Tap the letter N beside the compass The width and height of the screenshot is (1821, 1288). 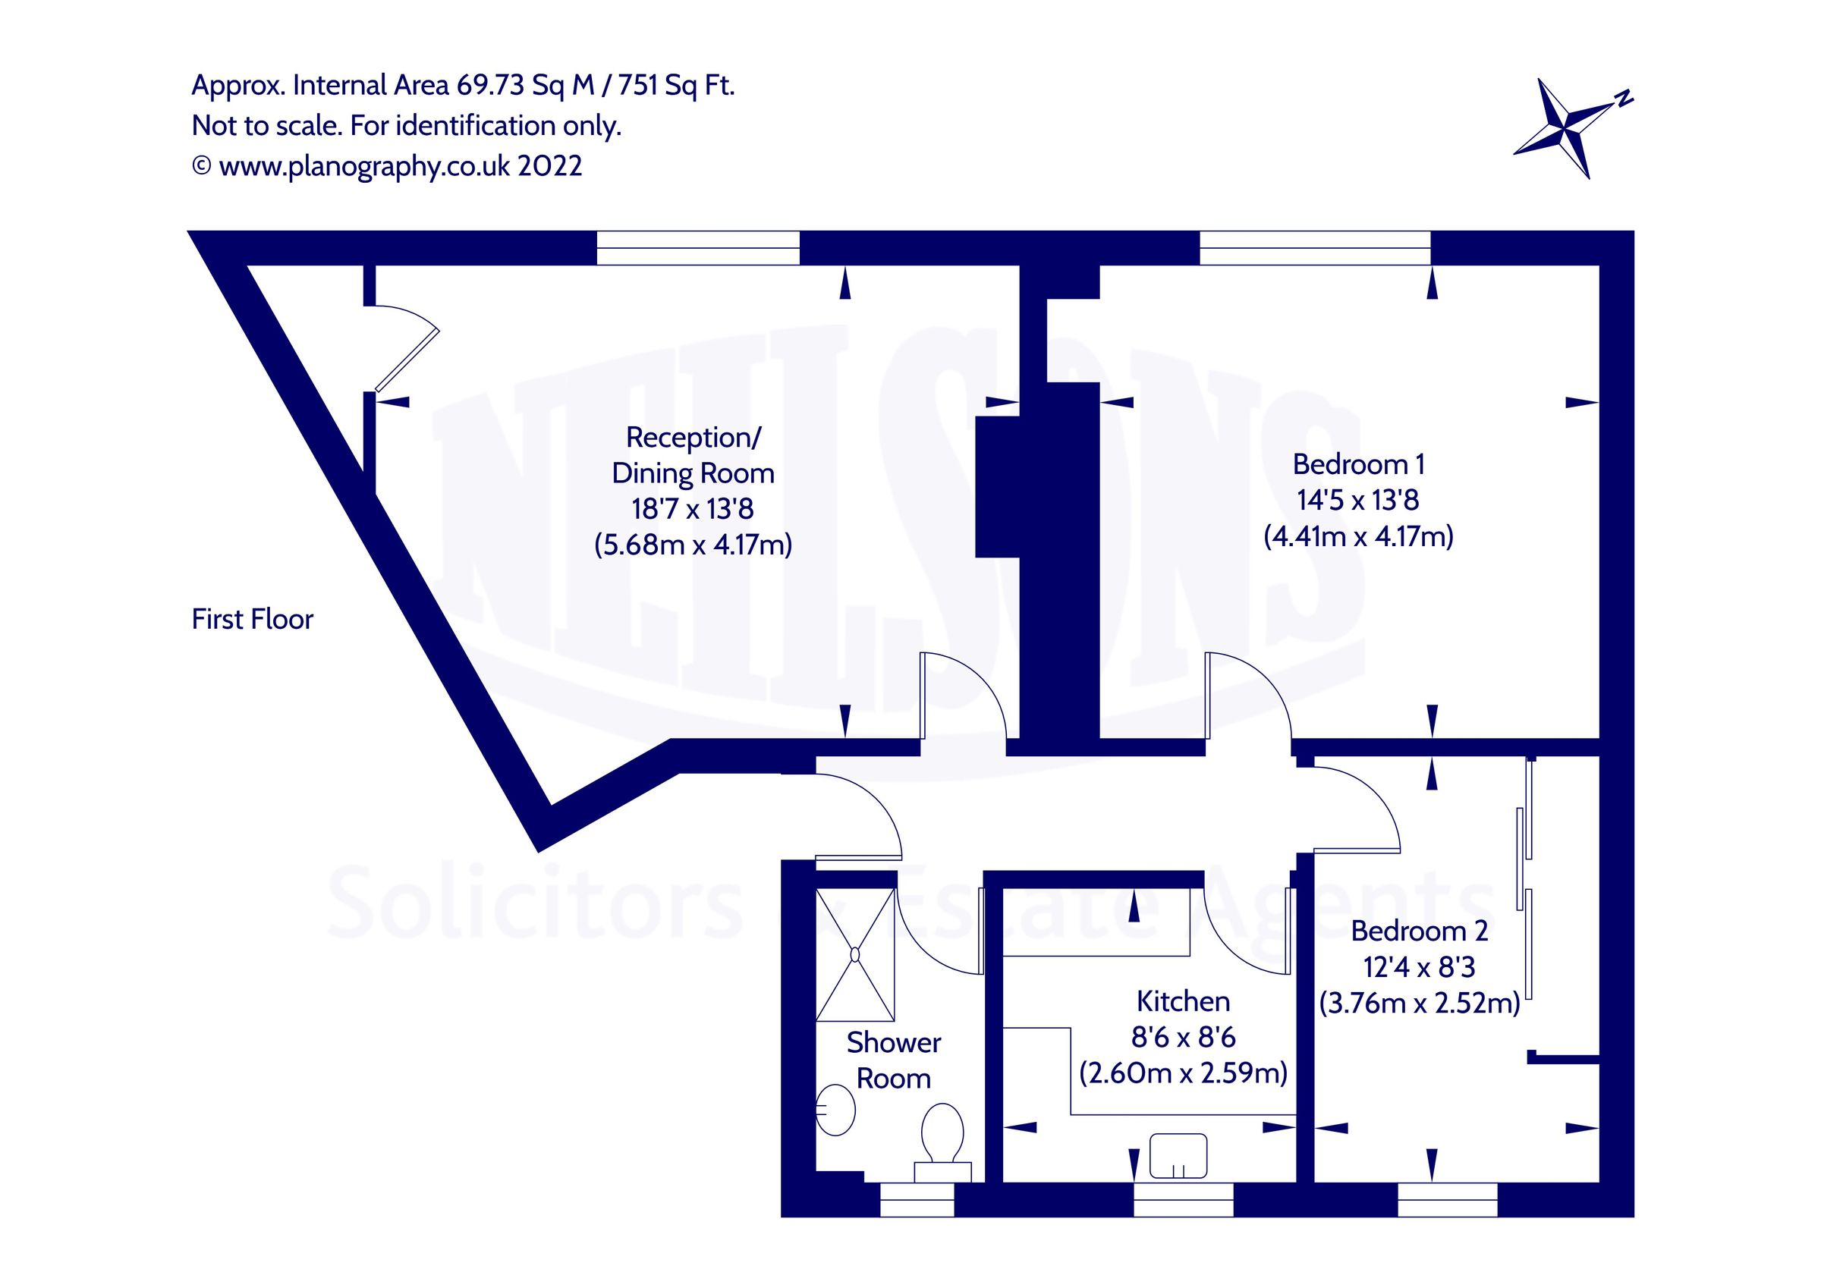point(1624,100)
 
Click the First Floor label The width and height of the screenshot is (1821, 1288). point(252,620)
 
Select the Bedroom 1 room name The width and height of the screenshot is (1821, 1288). point(1358,464)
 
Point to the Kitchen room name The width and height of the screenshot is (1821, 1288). point(1183,1002)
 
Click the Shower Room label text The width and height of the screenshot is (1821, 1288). point(893,1060)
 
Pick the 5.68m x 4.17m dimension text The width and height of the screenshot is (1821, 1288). point(693,545)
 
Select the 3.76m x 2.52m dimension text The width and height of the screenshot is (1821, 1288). point(1419,1004)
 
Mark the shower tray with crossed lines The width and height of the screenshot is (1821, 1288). point(855,954)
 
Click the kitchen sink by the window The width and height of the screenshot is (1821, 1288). point(1178,1155)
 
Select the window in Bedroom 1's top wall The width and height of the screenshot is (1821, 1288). point(1314,247)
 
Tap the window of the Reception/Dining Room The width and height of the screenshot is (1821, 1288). point(698,247)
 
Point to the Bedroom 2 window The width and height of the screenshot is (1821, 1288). point(1447,1200)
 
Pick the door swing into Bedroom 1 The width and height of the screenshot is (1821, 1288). point(1245,698)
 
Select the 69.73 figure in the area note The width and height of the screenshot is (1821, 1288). point(490,85)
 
